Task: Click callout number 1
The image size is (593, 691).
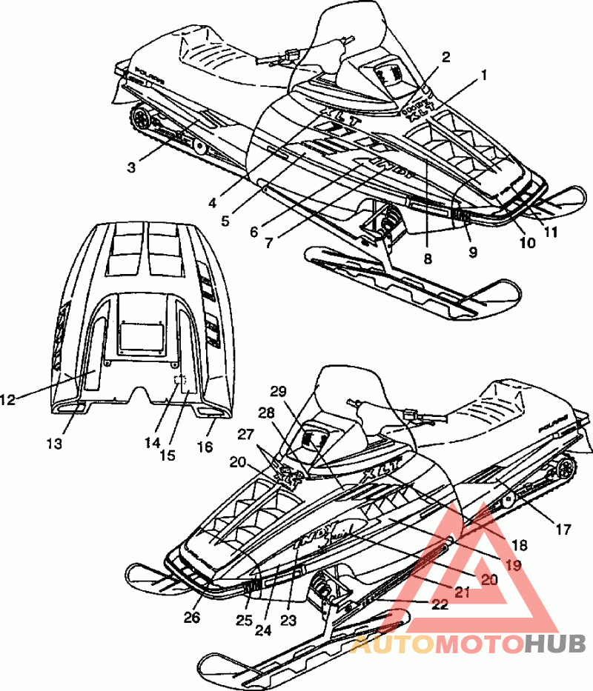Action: point(484,74)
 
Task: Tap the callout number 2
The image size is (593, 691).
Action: point(445,56)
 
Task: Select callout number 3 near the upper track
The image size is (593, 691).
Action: point(131,167)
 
